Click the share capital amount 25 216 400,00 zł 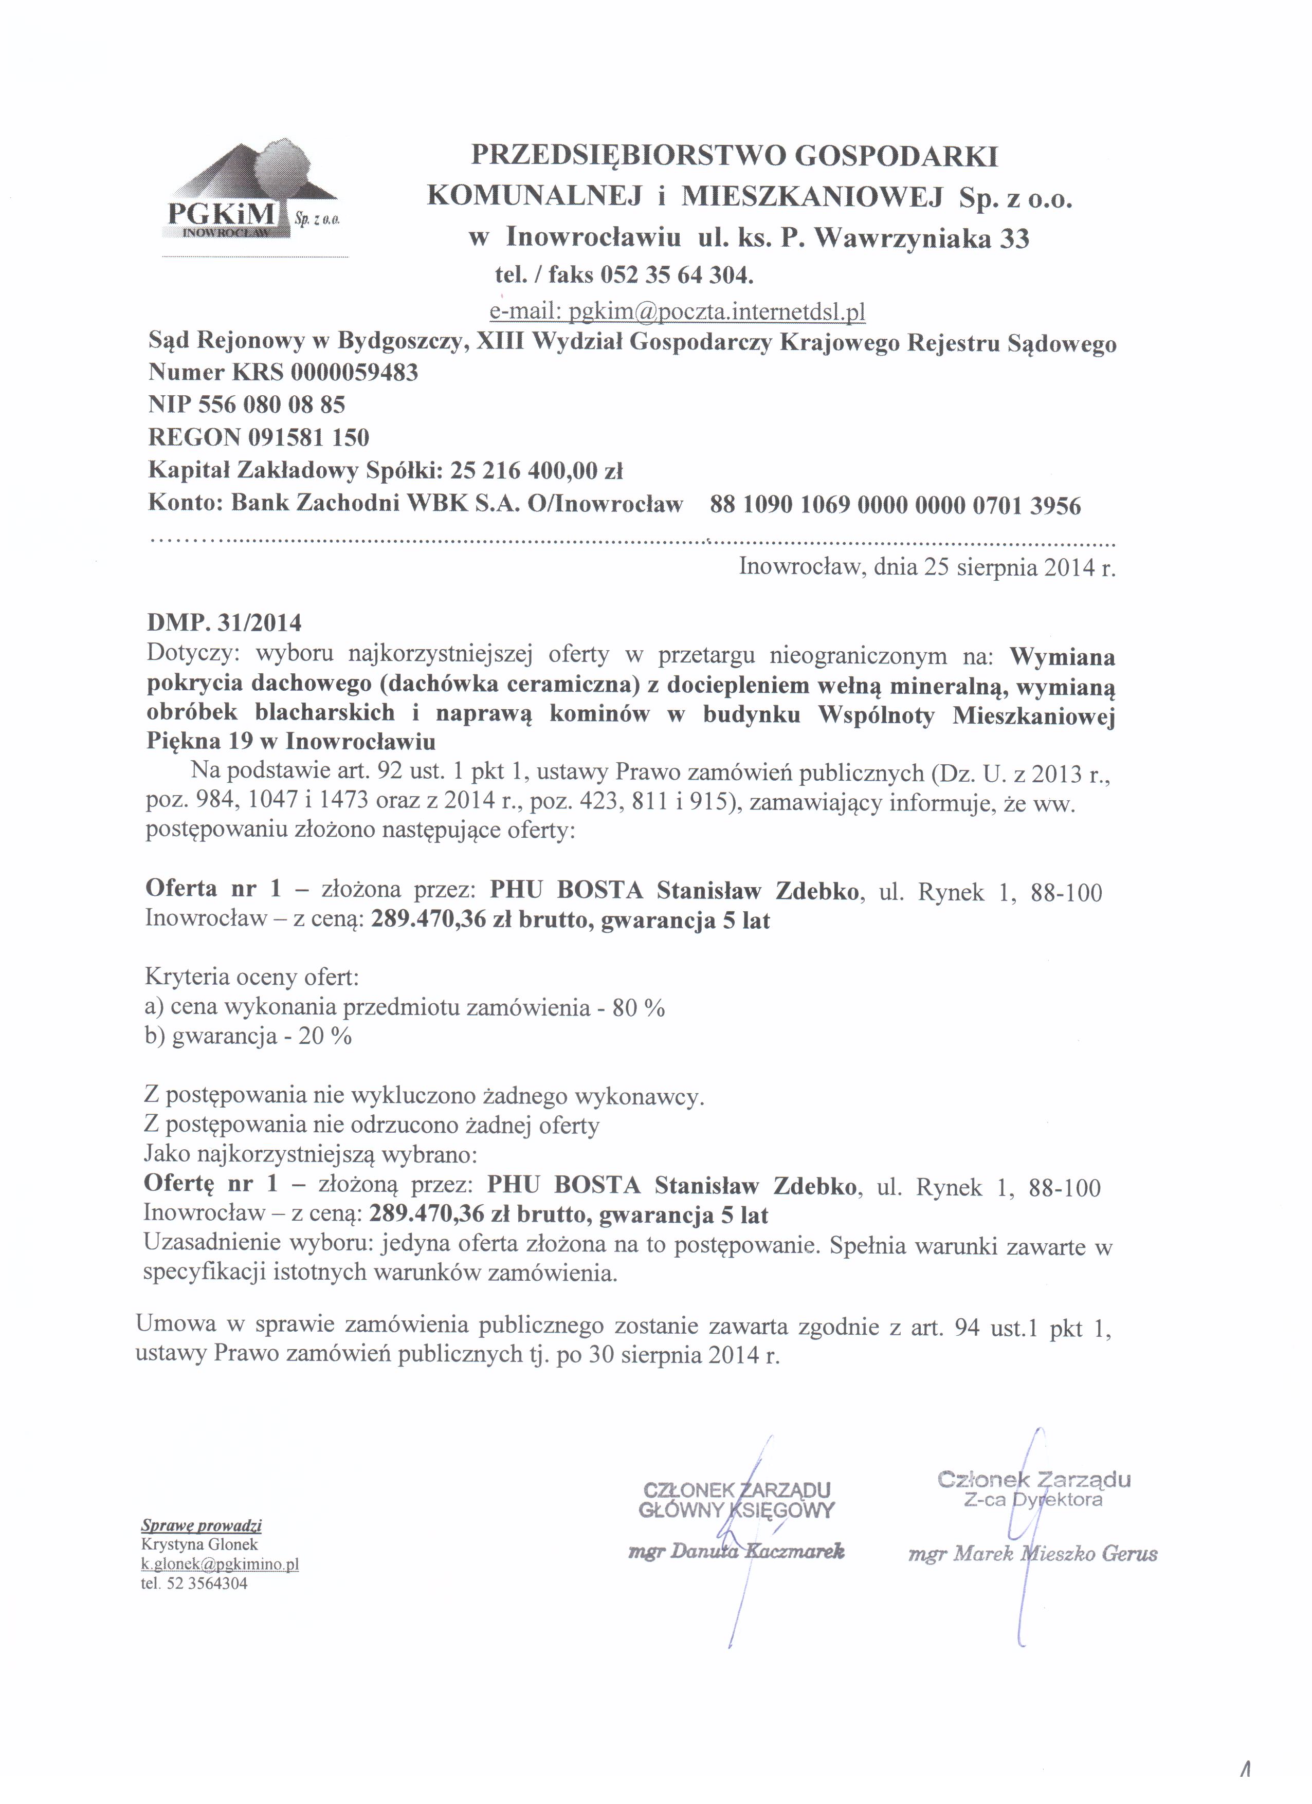(536, 471)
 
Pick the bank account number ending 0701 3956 (895, 505)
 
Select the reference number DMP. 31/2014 (224, 621)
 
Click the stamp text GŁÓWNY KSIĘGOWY (737, 1510)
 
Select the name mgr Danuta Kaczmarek (736, 1552)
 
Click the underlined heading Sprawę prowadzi (202, 1525)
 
